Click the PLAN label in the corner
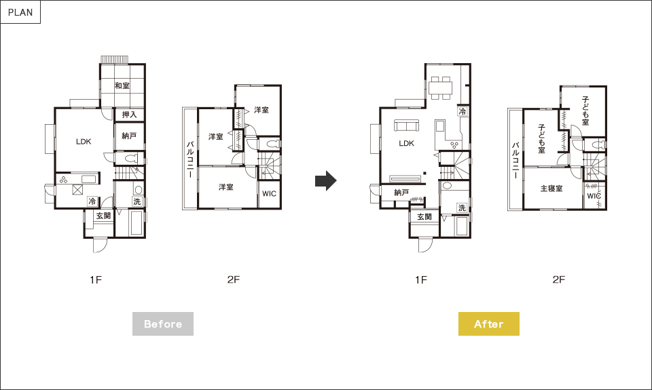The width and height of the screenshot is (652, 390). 20,12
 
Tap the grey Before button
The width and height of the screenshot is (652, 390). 163,324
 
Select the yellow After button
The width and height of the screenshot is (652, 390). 488,324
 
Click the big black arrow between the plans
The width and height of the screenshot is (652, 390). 325,180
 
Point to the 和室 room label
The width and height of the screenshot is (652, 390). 122,85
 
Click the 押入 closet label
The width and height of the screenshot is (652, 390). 129,115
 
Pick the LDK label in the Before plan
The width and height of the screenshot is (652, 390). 84,142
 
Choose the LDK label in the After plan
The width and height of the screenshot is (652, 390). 406,143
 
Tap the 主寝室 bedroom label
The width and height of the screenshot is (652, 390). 551,189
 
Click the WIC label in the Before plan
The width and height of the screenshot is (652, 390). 269,193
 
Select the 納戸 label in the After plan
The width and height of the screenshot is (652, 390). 401,193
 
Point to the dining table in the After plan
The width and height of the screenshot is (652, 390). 440,87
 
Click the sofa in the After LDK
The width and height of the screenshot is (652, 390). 407,125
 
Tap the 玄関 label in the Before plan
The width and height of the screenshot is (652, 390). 103,216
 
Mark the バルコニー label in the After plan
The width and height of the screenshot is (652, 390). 515,160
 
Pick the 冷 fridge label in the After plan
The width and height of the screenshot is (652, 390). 463,111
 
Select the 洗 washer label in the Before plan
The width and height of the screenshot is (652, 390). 137,201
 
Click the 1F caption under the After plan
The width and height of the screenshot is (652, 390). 421,280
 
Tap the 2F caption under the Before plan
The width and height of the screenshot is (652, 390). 234,279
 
